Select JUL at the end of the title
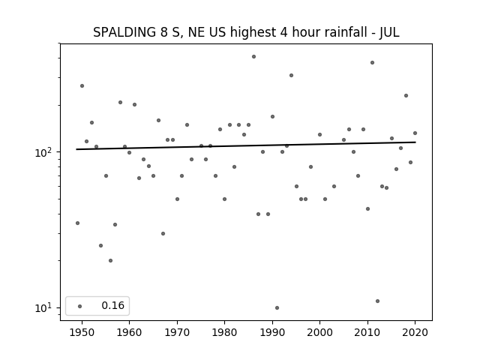click(x=389, y=32)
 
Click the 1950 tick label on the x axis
click(x=82, y=332)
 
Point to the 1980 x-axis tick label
click(x=224, y=332)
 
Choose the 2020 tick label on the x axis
click(x=415, y=332)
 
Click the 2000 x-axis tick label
click(x=319, y=332)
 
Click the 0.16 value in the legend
click(x=113, y=305)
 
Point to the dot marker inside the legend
click(x=80, y=306)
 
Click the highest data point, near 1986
click(x=253, y=57)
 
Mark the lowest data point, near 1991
click(x=277, y=307)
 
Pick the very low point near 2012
click(x=377, y=301)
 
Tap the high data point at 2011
click(x=372, y=62)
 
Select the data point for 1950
click(x=82, y=85)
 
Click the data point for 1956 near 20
click(x=110, y=260)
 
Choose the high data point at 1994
click(x=291, y=75)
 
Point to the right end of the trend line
click(x=415, y=142)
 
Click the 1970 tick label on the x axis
click(x=177, y=332)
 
